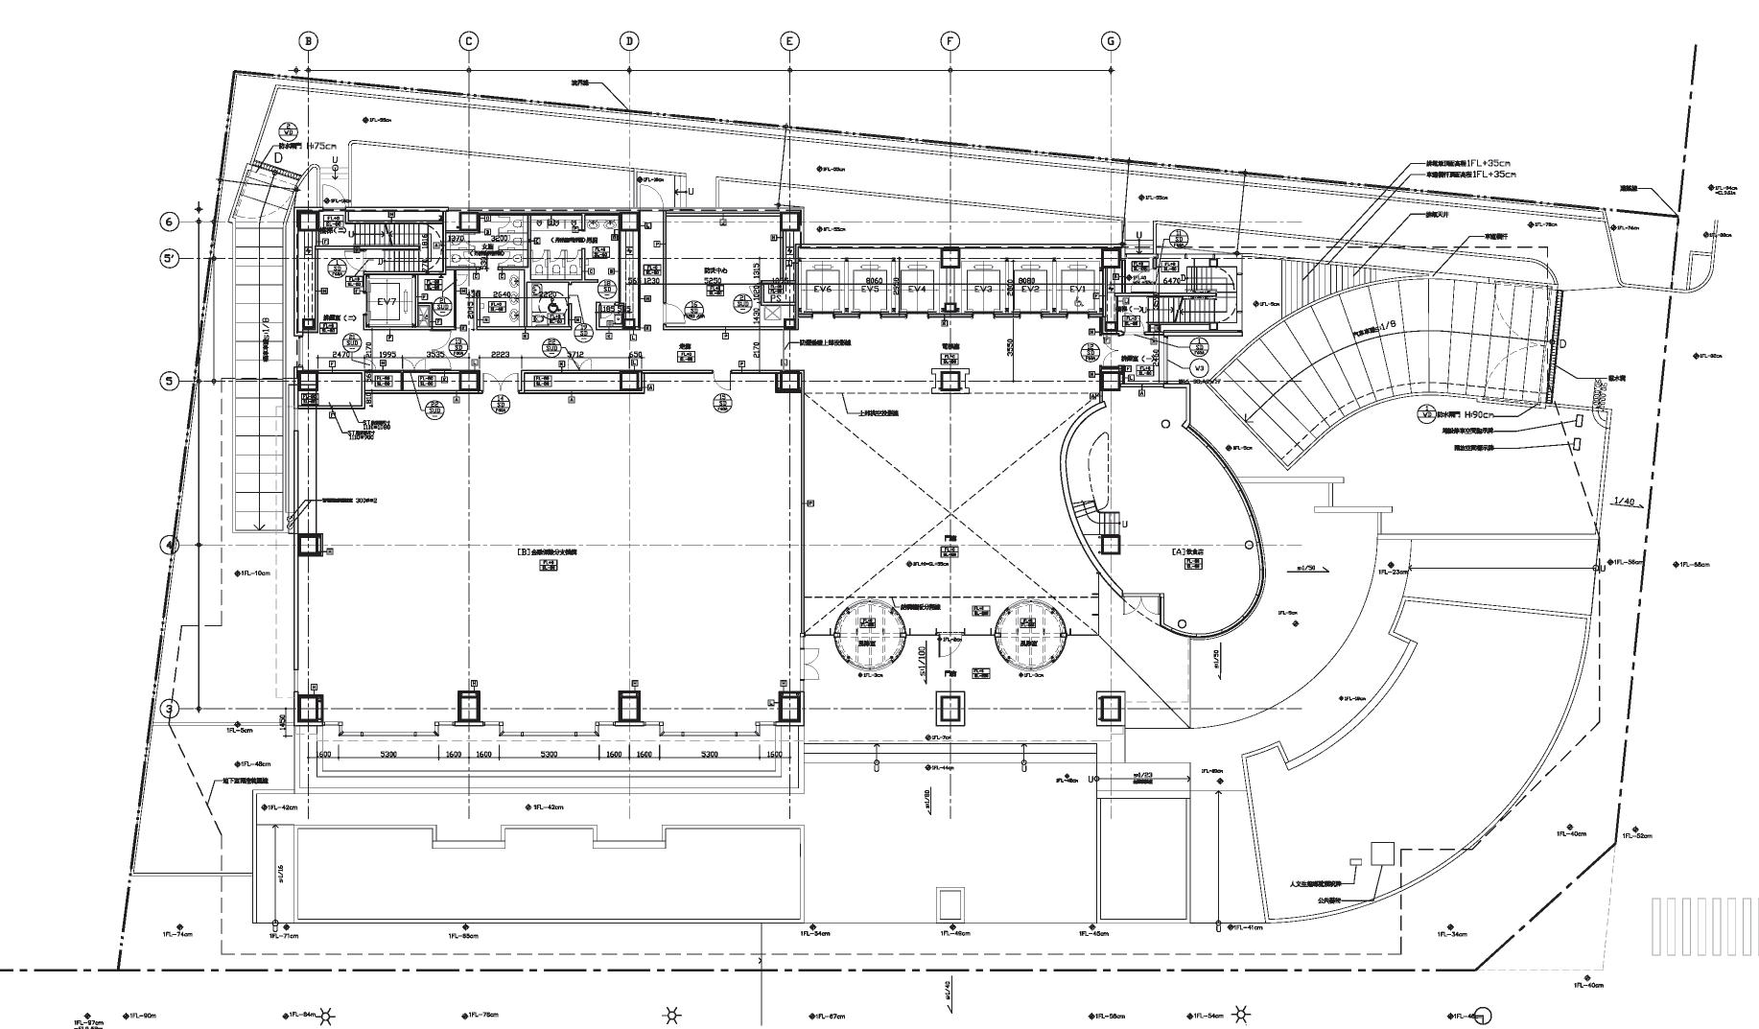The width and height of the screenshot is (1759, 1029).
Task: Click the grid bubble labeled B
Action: click(308, 40)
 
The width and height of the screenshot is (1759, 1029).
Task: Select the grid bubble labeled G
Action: click(1111, 40)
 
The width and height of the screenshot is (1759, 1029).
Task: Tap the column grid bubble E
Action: click(789, 40)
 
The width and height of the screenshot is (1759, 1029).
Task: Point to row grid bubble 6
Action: click(170, 222)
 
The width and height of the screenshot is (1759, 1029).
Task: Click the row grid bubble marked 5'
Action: click(170, 259)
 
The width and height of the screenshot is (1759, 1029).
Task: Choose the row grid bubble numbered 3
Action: click(170, 710)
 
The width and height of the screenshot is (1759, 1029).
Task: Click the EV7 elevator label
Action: click(387, 301)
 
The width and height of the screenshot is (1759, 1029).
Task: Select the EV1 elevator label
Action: click(1078, 289)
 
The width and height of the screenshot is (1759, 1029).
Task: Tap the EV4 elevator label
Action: click(917, 289)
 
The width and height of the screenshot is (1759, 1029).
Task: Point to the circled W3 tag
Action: click(1199, 367)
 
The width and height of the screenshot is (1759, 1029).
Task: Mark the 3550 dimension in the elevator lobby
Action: click(1010, 348)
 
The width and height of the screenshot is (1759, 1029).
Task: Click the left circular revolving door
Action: click(868, 633)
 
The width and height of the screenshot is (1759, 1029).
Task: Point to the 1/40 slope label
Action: click(1624, 502)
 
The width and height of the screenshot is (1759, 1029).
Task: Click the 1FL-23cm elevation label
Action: click(1393, 572)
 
